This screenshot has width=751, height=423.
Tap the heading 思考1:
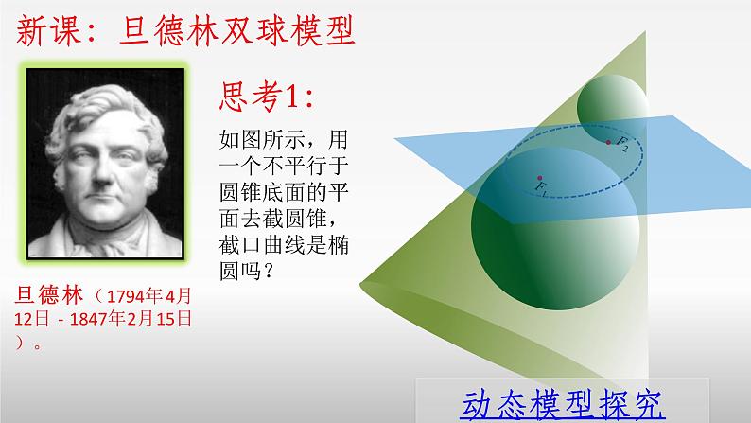265,97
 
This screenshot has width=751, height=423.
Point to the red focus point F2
608,143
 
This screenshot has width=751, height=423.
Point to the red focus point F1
538,177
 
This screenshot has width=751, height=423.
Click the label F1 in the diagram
541,190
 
